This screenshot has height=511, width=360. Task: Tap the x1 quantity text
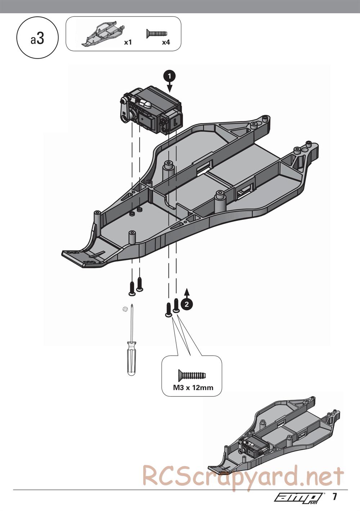pyautogui.click(x=128, y=42)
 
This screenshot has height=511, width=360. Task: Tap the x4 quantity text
pyautogui.click(x=166, y=42)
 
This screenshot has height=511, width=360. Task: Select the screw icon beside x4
pyautogui.click(x=157, y=33)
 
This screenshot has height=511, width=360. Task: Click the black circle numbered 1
pyautogui.click(x=169, y=76)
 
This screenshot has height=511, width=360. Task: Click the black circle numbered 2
pyautogui.click(x=186, y=304)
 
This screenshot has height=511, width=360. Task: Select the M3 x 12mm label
pyautogui.click(x=193, y=388)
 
